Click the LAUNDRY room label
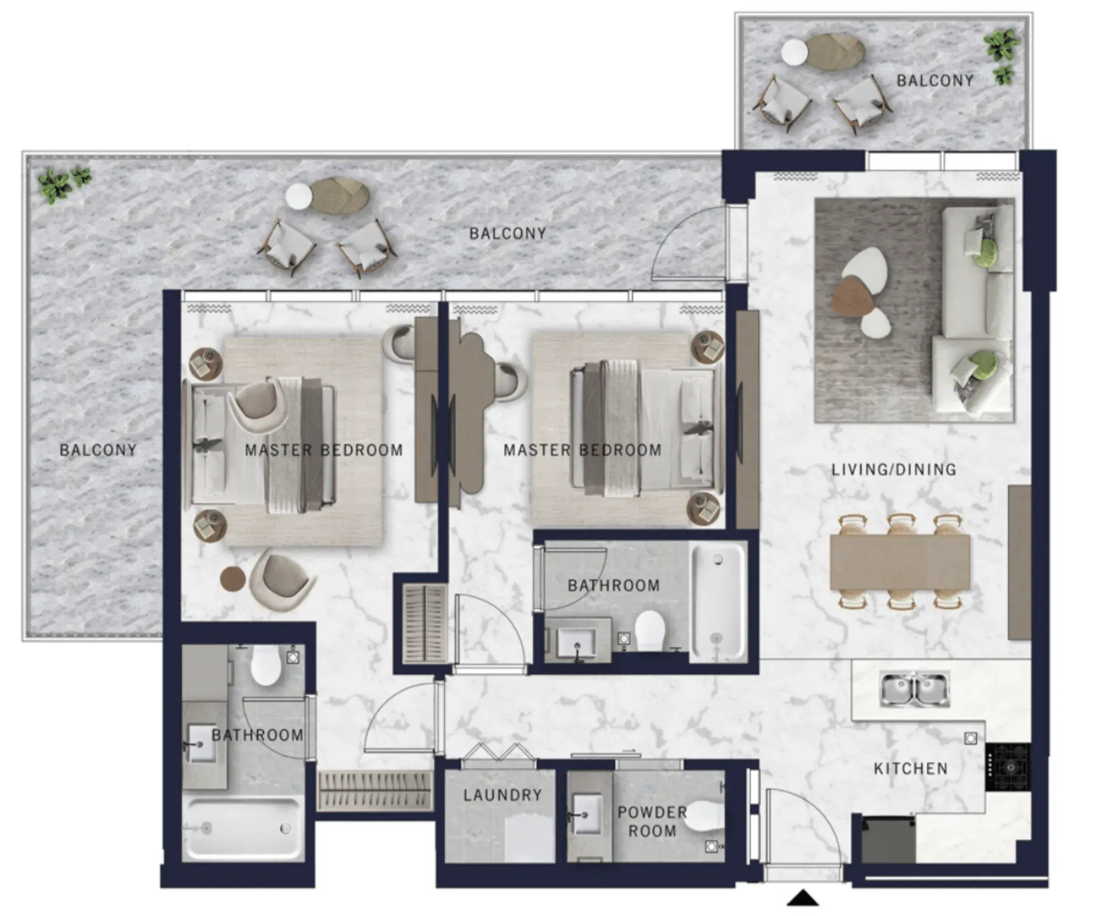click(503, 795)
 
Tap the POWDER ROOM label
click(652, 821)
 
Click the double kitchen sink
click(914, 689)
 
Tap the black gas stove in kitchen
click(1008, 767)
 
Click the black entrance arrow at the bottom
click(803, 898)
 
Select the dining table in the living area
click(900, 562)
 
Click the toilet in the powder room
click(704, 816)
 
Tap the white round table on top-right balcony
click(794, 53)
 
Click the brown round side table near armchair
click(233, 579)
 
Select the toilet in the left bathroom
click(266, 666)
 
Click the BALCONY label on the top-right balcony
click(935, 81)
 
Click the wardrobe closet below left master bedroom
click(375, 790)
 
